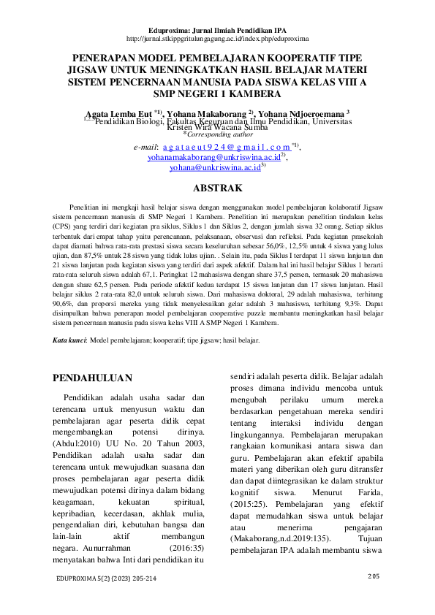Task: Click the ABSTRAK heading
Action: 217,188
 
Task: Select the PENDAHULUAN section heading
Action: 94,378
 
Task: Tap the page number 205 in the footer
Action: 374,576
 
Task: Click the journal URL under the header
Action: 217,37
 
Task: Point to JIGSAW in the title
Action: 89,69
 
